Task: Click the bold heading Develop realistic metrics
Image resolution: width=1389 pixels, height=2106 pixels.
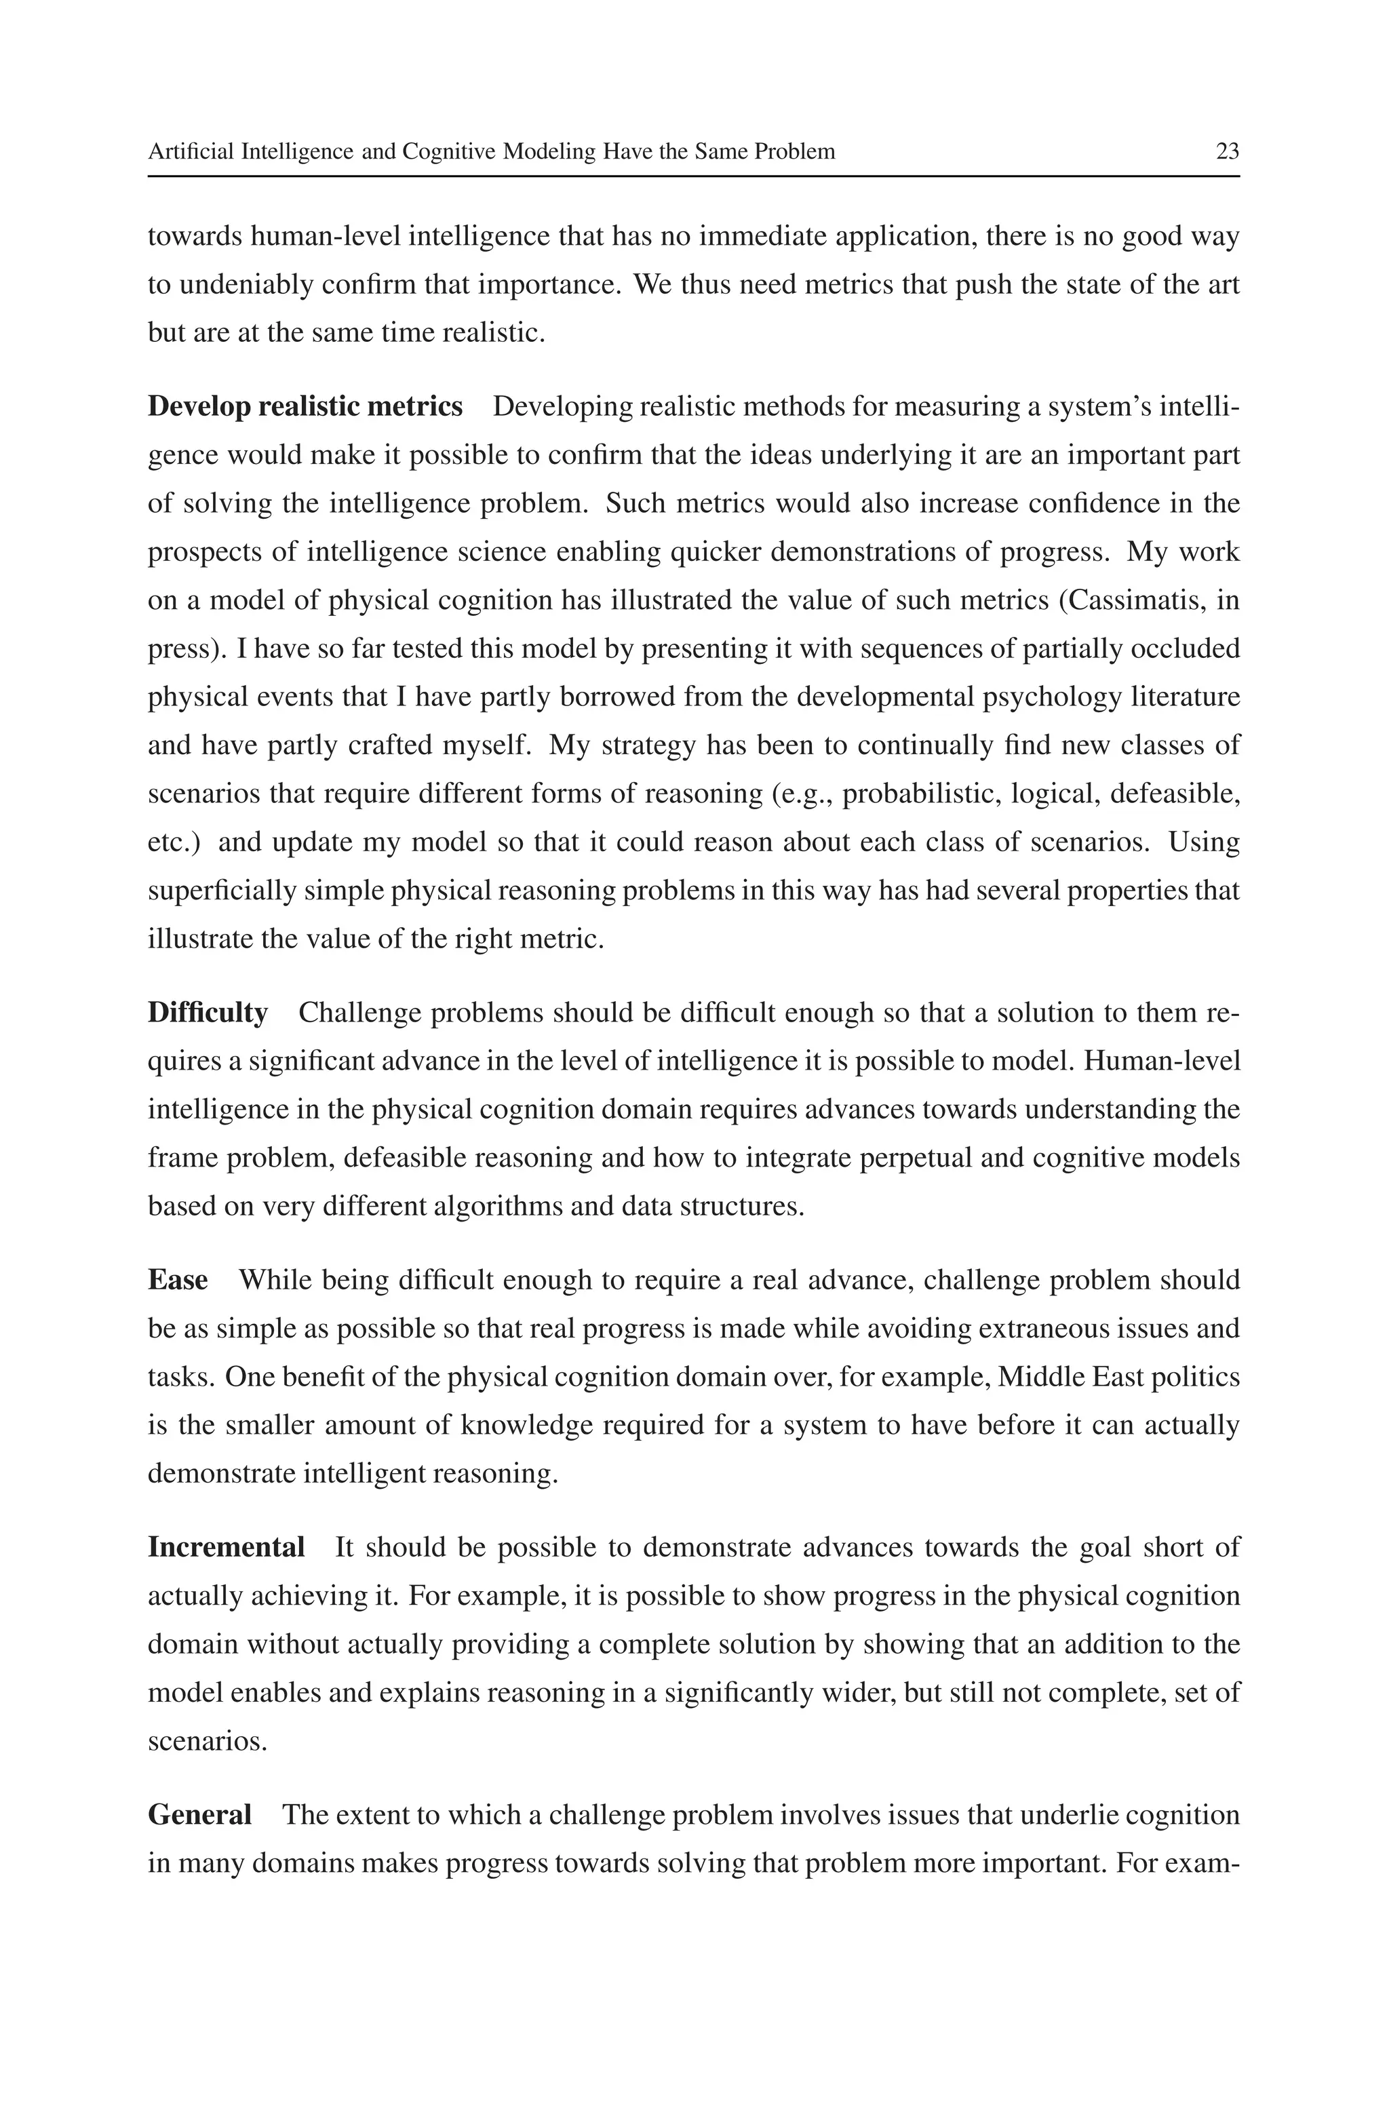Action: [x=305, y=406]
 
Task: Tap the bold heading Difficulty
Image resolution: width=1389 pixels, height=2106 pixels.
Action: [x=208, y=1012]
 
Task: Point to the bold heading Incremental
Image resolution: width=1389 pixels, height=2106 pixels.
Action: [x=226, y=1547]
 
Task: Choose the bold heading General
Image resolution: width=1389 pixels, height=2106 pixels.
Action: [x=199, y=1814]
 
